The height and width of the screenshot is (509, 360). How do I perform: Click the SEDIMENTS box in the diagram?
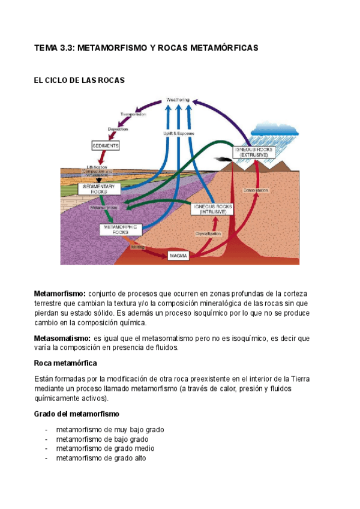(x=105, y=146)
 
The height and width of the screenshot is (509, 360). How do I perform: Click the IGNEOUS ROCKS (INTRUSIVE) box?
(x=212, y=209)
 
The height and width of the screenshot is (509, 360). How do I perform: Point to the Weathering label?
(x=178, y=100)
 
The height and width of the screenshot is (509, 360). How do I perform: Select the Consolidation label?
(x=256, y=190)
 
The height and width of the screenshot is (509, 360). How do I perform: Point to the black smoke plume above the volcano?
(x=224, y=160)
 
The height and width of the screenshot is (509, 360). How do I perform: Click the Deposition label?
(x=118, y=129)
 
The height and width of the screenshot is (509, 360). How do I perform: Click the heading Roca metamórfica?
(x=65, y=364)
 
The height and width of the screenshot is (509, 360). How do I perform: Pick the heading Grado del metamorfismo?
(x=77, y=414)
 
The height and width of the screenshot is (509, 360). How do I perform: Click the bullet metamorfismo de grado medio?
(x=104, y=448)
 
